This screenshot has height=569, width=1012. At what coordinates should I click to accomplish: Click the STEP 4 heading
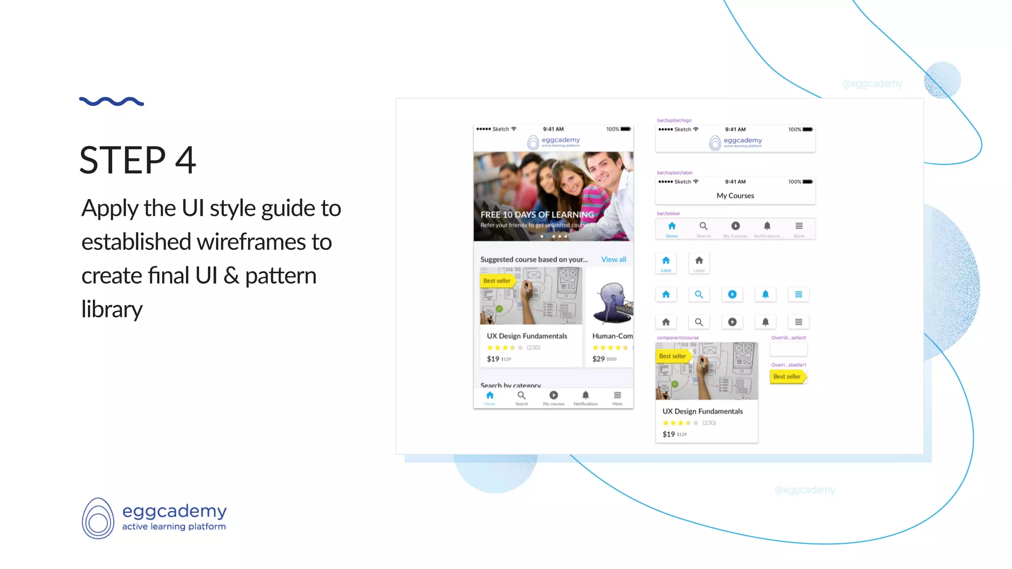(138, 161)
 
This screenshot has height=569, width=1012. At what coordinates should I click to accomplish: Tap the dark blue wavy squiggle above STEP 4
(112, 101)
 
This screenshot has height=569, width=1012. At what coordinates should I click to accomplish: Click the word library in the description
(112, 309)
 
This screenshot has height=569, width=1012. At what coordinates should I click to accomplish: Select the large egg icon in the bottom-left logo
(98, 518)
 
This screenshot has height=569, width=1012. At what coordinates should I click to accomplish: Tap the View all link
(613, 259)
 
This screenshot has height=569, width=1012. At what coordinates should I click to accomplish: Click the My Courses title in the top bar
(735, 196)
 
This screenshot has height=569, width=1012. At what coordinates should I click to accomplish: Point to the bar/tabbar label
(669, 213)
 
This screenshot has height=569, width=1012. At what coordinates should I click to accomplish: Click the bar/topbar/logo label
(674, 120)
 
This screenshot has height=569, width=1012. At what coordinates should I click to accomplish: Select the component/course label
(677, 338)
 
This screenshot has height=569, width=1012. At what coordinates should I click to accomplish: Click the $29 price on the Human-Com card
(598, 359)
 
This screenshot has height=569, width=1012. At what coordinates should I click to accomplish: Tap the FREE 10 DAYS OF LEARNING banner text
(537, 215)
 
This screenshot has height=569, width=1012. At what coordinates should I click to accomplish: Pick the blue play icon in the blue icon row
(732, 294)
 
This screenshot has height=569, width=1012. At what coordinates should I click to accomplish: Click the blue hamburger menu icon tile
(799, 294)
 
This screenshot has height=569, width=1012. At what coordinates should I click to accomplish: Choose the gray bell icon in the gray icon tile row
(765, 322)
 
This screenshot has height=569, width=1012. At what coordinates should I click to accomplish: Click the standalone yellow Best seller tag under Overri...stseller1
(788, 376)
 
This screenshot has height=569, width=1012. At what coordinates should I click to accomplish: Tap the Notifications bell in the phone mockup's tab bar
(586, 396)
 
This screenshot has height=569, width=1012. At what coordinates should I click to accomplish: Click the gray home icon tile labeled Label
(699, 262)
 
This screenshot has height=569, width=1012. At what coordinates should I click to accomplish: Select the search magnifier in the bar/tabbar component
(704, 227)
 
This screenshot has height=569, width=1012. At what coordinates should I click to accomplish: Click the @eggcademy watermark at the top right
(872, 84)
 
